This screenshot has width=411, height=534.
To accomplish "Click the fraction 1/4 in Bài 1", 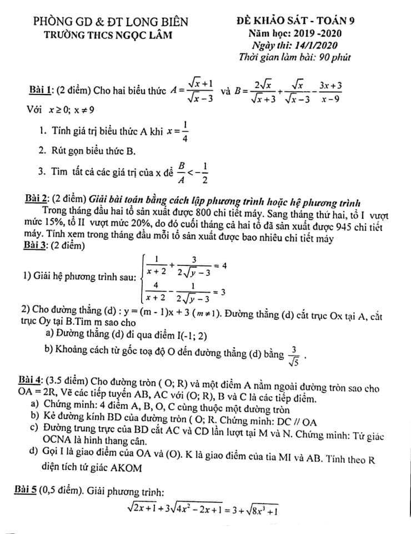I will tap(185, 132).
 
